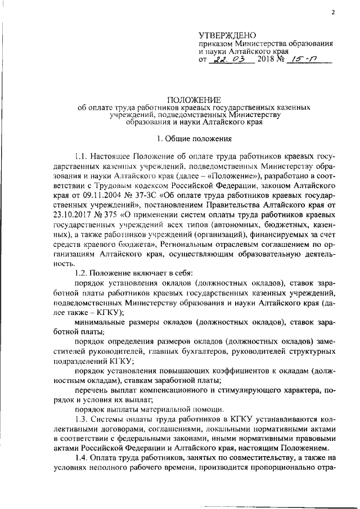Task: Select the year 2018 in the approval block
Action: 266,59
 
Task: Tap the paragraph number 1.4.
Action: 83,458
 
